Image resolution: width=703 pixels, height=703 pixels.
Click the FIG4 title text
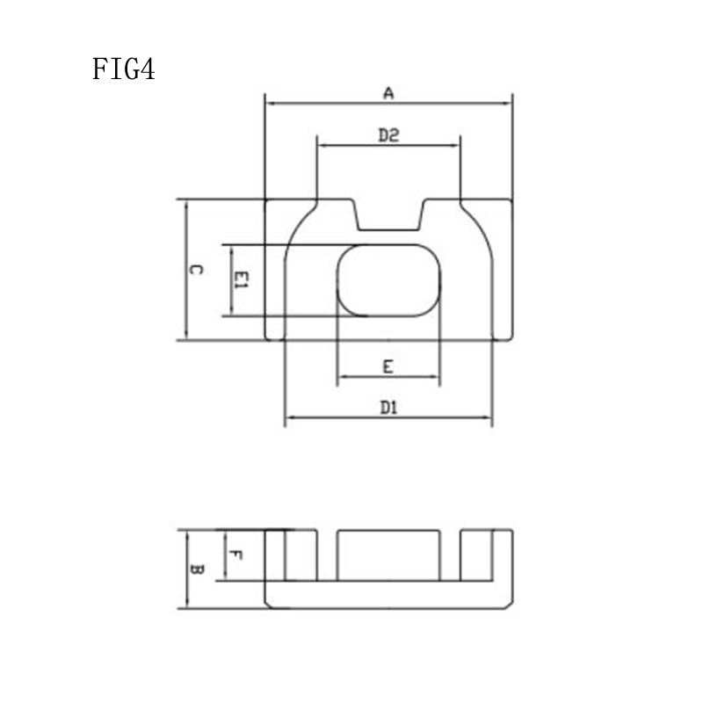pos(123,69)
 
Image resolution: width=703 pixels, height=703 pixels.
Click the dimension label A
pos(388,93)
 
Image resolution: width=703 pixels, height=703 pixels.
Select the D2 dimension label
pos(388,135)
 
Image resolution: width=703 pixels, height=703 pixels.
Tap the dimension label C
pos(195,270)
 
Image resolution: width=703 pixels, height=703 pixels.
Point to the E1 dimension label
pos(241,279)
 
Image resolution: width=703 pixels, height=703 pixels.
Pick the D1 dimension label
pos(388,408)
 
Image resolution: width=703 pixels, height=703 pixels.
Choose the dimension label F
pos(236,555)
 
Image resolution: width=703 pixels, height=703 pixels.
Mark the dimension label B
pos(197,569)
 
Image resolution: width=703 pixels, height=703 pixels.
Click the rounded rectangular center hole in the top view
pos(388,280)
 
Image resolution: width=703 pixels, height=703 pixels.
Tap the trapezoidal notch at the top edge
pos(389,215)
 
